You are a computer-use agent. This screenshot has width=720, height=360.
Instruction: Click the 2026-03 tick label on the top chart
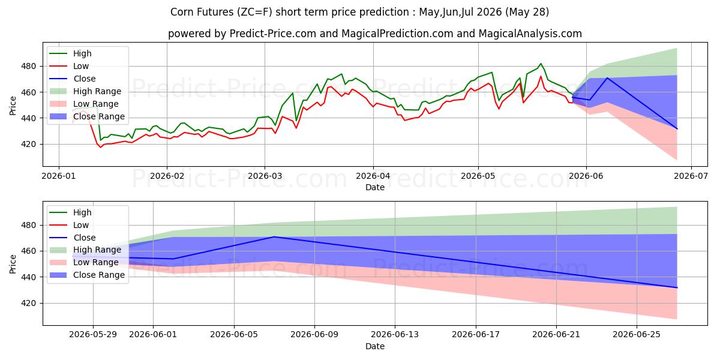click(x=265, y=176)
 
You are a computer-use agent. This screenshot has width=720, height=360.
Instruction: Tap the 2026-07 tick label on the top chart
click(x=691, y=176)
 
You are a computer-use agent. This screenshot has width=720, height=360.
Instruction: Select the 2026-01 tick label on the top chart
click(x=59, y=176)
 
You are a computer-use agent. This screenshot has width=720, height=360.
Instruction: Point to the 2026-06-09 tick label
click(x=314, y=335)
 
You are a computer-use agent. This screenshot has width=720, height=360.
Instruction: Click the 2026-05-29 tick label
click(x=93, y=335)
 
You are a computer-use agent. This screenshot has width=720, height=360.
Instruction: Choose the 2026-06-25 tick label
click(x=637, y=335)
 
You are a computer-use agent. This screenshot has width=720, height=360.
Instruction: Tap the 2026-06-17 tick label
click(x=476, y=335)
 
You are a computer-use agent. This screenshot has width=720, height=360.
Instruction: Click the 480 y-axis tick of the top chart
click(x=28, y=67)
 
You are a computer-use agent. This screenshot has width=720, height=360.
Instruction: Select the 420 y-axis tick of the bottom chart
click(x=28, y=304)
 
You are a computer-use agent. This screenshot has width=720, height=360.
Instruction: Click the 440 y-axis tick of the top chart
click(x=28, y=118)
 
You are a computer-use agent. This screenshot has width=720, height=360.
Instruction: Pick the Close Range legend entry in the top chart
click(x=87, y=116)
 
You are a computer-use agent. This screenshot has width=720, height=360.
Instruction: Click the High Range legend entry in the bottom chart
click(x=85, y=250)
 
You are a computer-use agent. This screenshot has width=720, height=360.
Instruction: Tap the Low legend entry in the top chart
click(x=69, y=66)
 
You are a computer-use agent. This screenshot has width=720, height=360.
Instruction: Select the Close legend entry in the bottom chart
click(x=73, y=238)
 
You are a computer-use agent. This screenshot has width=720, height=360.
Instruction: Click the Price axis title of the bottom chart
click(x=13, y=264)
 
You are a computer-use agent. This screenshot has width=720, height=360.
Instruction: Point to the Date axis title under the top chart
click(x=375, y=187)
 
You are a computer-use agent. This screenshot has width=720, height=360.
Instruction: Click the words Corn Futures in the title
click(x=202, y=12)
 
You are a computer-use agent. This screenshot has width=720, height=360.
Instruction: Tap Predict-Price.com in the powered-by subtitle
click(x=272, y=34)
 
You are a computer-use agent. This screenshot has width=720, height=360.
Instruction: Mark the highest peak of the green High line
click(x=541, y=64)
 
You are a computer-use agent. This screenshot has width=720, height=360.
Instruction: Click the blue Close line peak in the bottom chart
click(x=274, y=237)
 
